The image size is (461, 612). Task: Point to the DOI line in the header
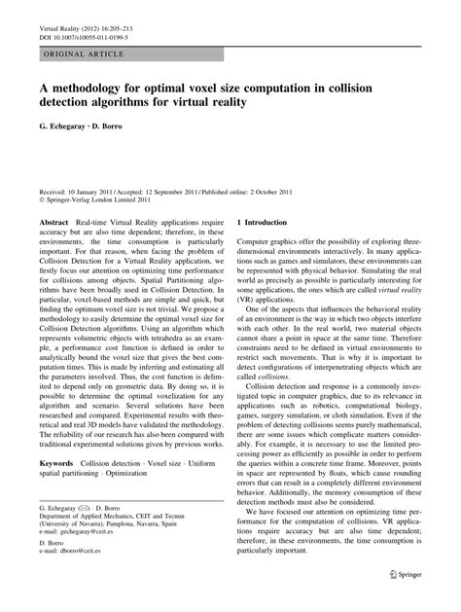[x=78, y=33]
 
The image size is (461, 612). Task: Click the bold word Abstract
[x=53, y=223]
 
